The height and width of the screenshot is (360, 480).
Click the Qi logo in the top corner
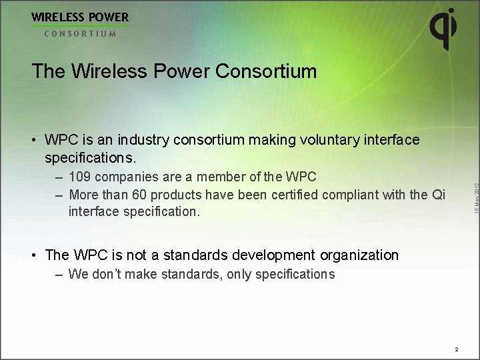pos(443,28)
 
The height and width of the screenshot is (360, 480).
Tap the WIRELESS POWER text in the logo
pos(80,17)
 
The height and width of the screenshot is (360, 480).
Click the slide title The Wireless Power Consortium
pos(174,71)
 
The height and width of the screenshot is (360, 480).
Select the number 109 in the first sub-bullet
pos(81,177)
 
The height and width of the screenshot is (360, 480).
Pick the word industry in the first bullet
pos(144,140)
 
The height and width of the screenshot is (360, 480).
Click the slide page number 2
pos(457,349)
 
